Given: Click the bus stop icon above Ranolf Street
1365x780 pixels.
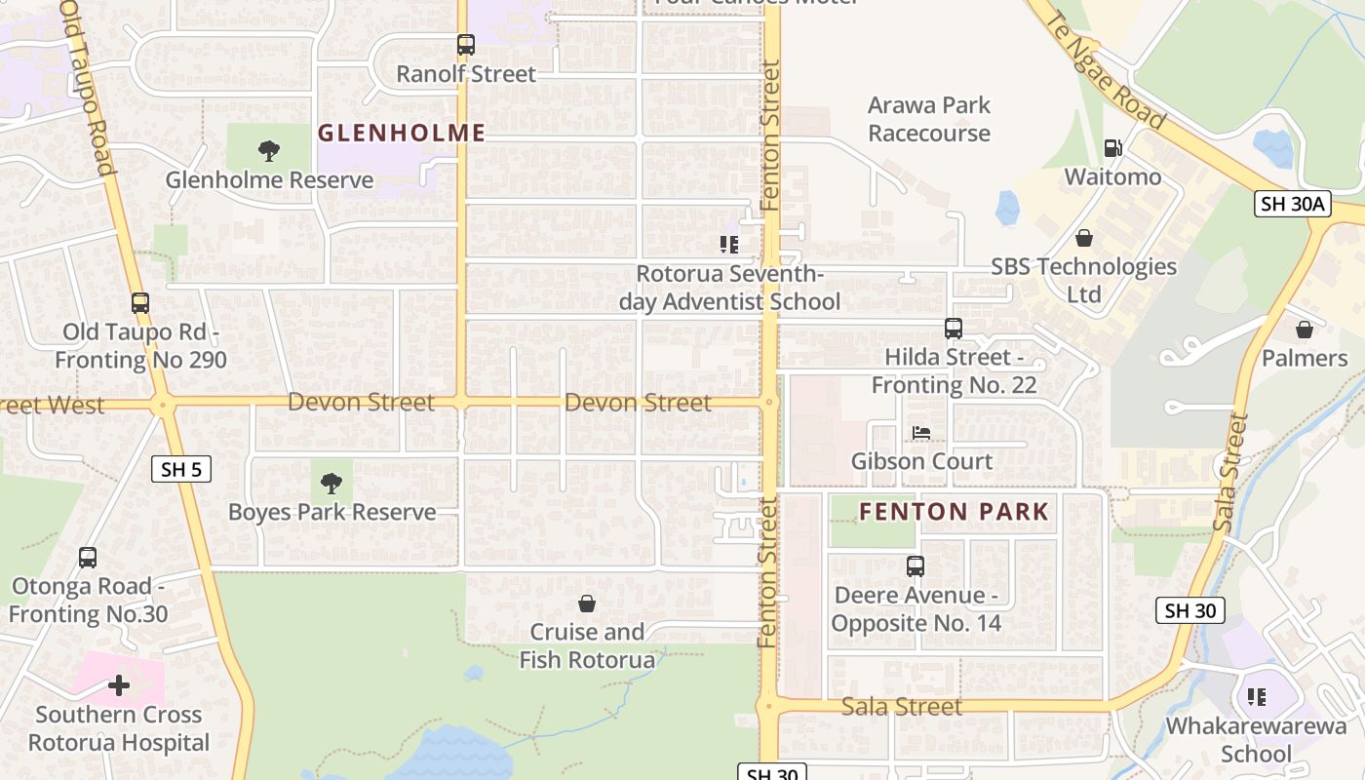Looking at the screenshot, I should click(x=466, y=45).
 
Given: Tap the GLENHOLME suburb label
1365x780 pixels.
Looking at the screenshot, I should click(x=402, y=133).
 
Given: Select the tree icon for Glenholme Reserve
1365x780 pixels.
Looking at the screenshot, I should click(x=269, y=151).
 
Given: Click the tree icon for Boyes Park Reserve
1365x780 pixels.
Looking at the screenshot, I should click(x=331, y=483).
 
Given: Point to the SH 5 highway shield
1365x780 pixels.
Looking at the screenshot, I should click(x=181, y=469).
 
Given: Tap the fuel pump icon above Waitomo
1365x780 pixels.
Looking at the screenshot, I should click(x=1112, y=148).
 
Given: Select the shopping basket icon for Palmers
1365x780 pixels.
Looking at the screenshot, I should click(x=1305, y=330).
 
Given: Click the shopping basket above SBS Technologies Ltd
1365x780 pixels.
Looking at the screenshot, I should click(x=1083, y=238).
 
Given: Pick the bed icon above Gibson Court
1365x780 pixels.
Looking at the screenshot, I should click(x=921, y=432).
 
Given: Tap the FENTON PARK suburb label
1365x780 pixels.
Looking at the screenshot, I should click(x=954, y=511).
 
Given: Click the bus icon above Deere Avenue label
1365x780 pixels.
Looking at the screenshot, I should click(x=916, y=566).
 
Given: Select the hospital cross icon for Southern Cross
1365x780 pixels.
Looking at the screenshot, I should click(x=119, y=685).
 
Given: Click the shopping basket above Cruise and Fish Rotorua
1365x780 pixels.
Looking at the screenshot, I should click(x=587, y=604).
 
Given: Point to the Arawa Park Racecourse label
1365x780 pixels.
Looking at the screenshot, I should click(x=929, y=119).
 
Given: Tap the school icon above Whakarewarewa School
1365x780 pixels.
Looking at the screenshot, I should click(x=1257, y=696).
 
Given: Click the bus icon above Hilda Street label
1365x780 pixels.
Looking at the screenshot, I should click(x=954, y=329).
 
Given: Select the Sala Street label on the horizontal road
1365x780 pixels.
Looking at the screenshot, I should click(x=902, y=706).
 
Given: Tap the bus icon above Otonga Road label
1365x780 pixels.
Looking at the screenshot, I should click(x=88, y=558).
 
